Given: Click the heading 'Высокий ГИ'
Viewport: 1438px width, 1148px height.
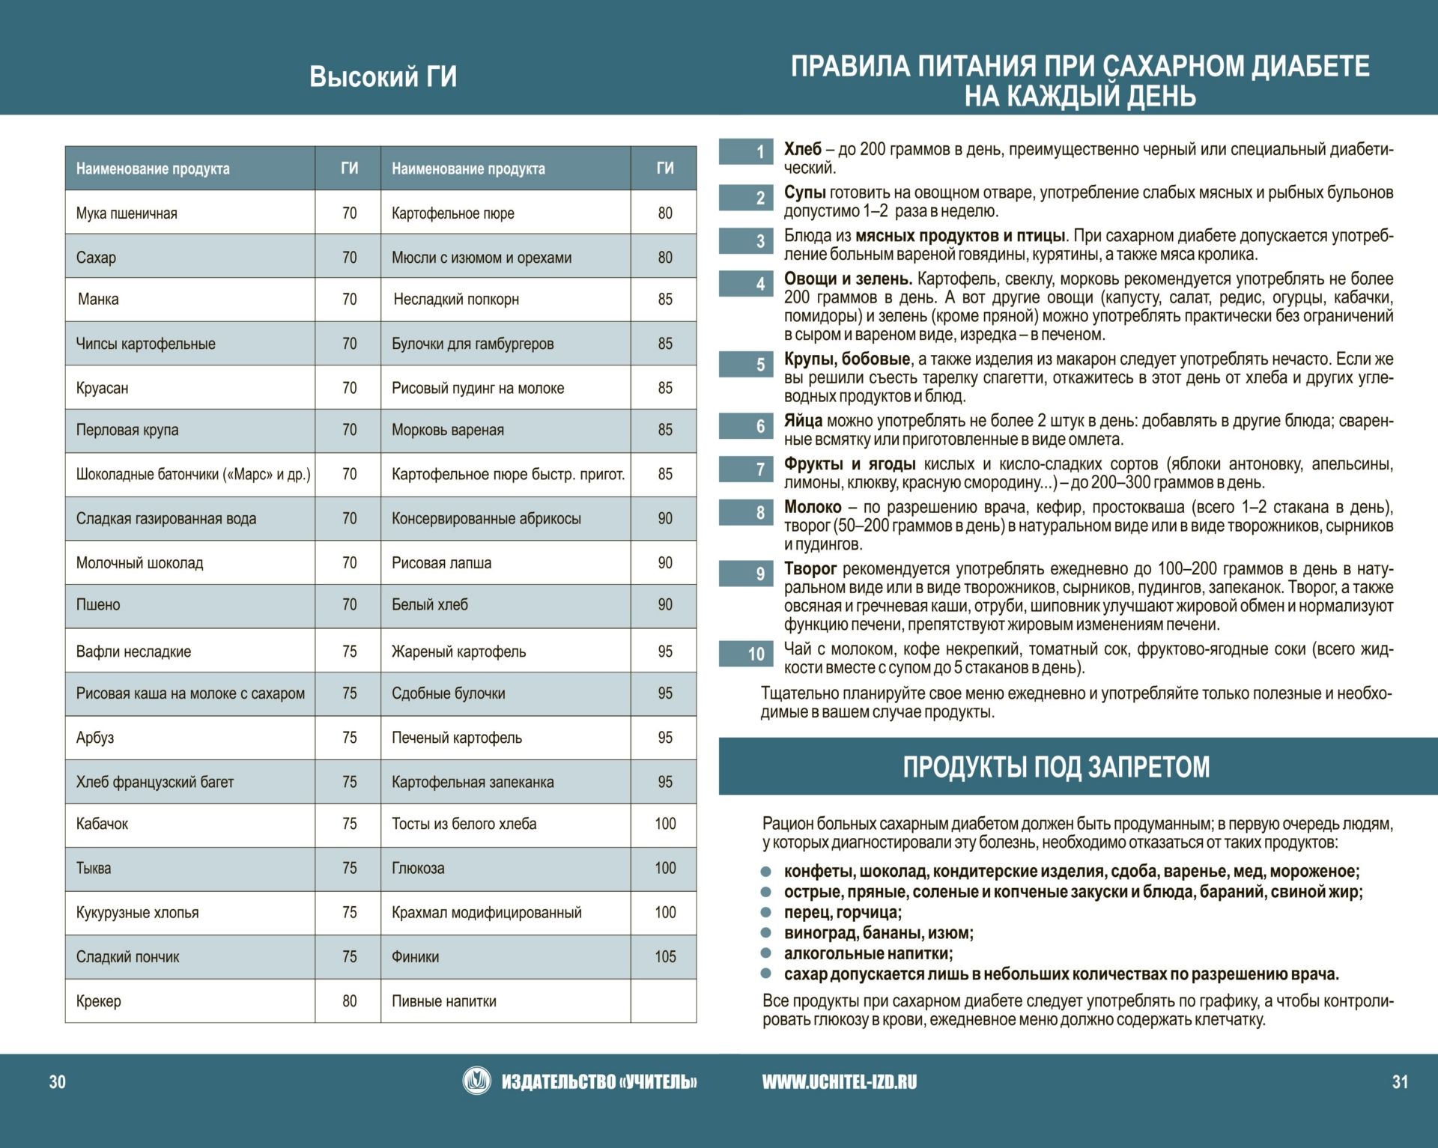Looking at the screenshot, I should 383,77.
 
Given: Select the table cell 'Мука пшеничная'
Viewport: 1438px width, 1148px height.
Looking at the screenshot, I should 127,213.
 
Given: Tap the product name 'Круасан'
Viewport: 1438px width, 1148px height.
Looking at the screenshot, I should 102,388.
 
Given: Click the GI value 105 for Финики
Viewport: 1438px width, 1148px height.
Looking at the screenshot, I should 665,956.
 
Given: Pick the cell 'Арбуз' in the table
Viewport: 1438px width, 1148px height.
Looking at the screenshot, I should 95,738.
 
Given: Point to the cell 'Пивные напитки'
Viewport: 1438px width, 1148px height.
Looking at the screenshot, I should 444,1001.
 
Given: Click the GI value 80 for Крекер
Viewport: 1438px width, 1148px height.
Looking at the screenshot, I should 349,1001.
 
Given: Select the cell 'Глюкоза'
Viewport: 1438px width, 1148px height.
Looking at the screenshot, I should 418,868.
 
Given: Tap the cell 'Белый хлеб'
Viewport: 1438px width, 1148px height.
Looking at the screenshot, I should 429,604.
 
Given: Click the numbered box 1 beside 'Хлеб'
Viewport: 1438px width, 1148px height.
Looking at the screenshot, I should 746,152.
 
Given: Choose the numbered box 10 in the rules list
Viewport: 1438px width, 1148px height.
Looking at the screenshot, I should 746,654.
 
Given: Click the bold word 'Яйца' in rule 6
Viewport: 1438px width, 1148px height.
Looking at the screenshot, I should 803,421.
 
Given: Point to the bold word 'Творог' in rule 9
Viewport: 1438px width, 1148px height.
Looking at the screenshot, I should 810,568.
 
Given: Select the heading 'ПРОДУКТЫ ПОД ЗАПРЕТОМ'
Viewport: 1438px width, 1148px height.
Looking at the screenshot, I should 1056,767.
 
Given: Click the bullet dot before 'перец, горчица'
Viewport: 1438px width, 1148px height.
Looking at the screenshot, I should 765,913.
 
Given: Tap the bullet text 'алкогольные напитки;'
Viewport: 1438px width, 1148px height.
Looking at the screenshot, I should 868,953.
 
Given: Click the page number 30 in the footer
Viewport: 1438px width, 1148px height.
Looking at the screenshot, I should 58,1081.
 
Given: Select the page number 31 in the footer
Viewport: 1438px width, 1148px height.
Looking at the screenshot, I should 1400,1081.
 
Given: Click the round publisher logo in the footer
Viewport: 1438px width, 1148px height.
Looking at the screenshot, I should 476,1081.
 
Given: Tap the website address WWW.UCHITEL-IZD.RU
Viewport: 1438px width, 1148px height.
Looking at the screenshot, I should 839,1081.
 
